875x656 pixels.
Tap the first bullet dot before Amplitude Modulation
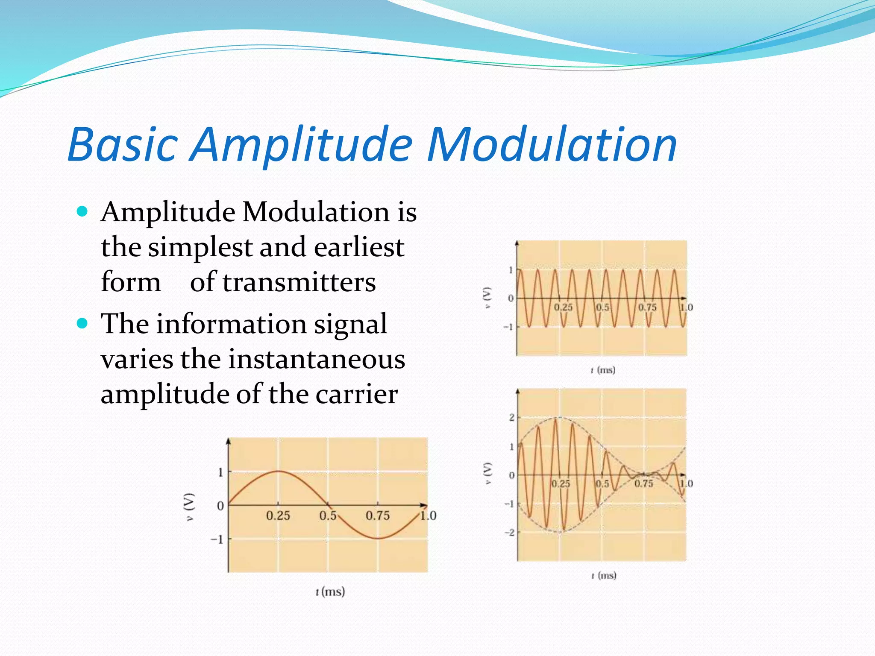[82, 211]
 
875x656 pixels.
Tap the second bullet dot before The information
[82, 323]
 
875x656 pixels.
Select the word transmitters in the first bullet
[299, 283]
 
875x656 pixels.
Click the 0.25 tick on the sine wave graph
[278, 515]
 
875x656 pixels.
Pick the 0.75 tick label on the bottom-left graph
[378, 515]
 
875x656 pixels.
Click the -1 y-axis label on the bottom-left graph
[217, 539]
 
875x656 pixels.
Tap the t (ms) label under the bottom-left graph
[330, 592]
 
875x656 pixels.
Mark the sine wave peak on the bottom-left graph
[278, 471]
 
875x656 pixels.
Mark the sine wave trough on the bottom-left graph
[378, 538]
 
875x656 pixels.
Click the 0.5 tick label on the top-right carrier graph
[602, 307]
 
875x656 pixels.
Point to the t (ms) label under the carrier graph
[603, 370]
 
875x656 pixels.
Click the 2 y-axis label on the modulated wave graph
[511, 417]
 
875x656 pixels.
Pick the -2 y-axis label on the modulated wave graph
[509, 533]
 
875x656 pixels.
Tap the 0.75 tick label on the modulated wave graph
[643, 483]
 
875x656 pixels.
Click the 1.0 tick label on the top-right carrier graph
[686, 307]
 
